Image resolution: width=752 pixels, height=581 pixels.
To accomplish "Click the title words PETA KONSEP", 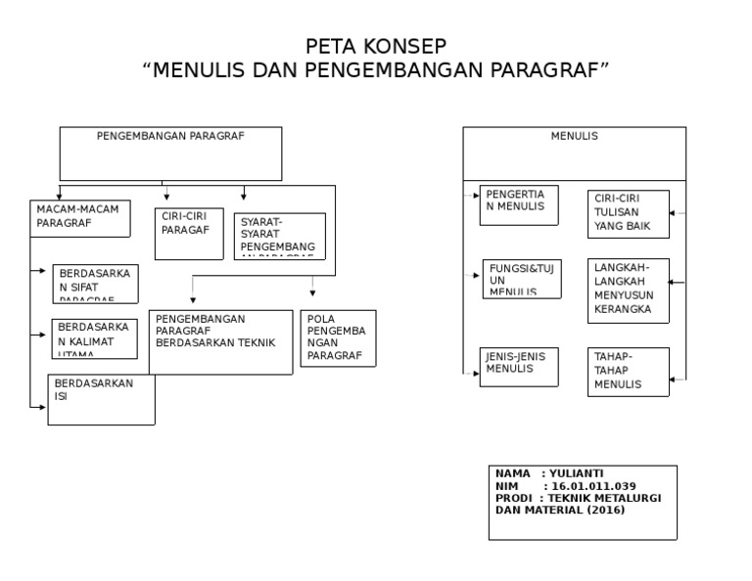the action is [x=376, y=46].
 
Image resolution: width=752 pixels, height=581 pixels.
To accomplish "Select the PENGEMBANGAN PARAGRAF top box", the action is [x=170, y=153].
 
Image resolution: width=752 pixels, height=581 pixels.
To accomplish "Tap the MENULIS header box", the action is [x=574, y=153].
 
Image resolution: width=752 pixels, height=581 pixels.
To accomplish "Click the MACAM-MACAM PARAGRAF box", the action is [x=80, y=218].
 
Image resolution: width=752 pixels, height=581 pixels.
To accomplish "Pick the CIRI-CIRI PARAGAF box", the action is [x=189, y=234].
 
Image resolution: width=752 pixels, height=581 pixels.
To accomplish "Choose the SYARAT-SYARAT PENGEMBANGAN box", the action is [x=280, y=236].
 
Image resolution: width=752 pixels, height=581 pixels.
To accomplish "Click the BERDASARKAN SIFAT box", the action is [x=95, y=284].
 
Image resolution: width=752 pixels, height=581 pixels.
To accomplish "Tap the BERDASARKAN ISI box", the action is [x=102, y=399].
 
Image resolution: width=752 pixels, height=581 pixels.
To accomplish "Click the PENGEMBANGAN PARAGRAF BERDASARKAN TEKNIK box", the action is [x=220, y=342].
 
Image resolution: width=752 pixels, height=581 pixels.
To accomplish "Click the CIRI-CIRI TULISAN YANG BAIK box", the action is [x=628, y=214].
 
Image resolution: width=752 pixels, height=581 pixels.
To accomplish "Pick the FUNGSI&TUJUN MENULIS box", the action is [x=522, y=279].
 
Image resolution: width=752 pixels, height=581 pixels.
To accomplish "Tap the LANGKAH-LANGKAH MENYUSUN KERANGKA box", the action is [x=628, y=290].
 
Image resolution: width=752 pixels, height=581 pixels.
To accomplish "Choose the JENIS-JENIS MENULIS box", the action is [x=519, y=367].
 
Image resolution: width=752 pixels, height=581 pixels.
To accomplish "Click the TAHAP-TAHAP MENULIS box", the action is [x=628, y=372].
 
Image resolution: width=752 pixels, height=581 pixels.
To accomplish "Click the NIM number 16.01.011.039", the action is [x=592, y=485].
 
